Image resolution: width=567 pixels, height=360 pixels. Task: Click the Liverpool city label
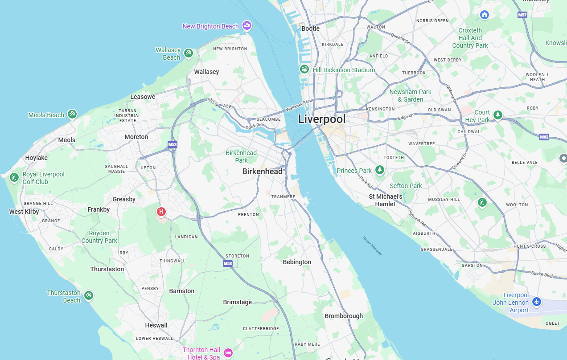tap(321, 119)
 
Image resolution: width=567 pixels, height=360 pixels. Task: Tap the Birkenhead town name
tap(262, 172)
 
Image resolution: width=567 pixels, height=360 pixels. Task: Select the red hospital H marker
tap(161, 212)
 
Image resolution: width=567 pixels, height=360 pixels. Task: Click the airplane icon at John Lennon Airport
tap(536, 302)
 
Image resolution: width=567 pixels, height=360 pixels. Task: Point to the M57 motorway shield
tap(522, 15)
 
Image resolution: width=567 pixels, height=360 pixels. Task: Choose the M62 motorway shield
tap(544, 137)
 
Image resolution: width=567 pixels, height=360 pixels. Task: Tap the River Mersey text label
tap(372, 246)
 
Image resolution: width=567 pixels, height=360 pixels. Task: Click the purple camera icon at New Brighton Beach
tap(247, 25)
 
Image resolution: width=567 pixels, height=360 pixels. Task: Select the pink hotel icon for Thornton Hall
tap(228, 353)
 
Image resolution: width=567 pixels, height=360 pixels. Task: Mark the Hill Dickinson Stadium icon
tap(304, 69)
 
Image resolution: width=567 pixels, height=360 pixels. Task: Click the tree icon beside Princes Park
tap(379, 170)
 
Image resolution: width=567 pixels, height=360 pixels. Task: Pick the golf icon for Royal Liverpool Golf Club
tap(14, 178)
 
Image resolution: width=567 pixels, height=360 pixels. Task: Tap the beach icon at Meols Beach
tap(72, 114)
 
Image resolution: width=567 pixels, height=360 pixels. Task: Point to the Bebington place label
tap(297, 262)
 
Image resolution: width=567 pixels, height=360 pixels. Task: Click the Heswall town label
tap(156, 325)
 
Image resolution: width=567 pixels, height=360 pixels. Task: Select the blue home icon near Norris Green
tap(485, 15)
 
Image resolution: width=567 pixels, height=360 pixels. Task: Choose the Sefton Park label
tap(406, 186)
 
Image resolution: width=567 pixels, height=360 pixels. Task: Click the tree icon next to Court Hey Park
tap(498, 115)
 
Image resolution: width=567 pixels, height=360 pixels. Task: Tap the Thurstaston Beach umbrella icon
tap(89, 295)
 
